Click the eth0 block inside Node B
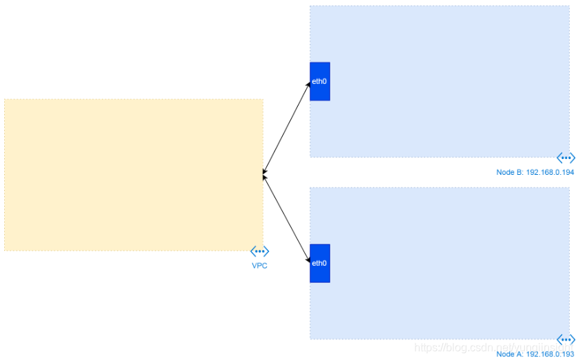coord(320,81)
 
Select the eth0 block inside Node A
coord(320,263)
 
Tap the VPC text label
coord(259,266)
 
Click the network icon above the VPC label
coord(259,251)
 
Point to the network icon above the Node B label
coord(566,158)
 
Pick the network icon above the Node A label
coord(566,339)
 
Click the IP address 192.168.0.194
coord(550,172)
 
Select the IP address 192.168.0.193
coord(550,354)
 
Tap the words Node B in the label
coord(509,172)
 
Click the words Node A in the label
coord(509,354)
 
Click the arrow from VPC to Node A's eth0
coord(287,218)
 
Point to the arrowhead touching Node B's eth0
coord(308,85)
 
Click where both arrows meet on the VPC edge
coord(264,175)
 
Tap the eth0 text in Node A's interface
coord(319,263)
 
